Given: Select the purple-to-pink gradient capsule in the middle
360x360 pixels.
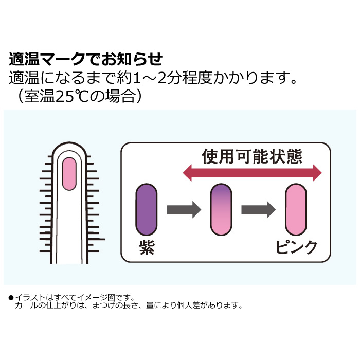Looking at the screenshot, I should [222, 210].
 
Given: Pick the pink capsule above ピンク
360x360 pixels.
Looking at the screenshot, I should [296, 210].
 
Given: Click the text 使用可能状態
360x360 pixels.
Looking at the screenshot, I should [251, 156].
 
